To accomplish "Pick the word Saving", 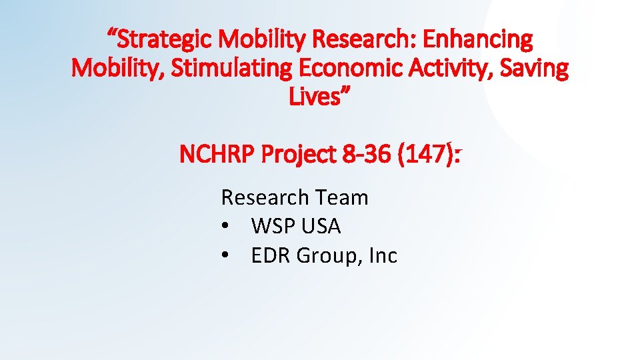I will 537,69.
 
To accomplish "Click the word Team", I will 342,197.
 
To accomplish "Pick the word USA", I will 321,227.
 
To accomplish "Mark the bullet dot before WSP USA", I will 227,227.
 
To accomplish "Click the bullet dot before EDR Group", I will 227,255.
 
